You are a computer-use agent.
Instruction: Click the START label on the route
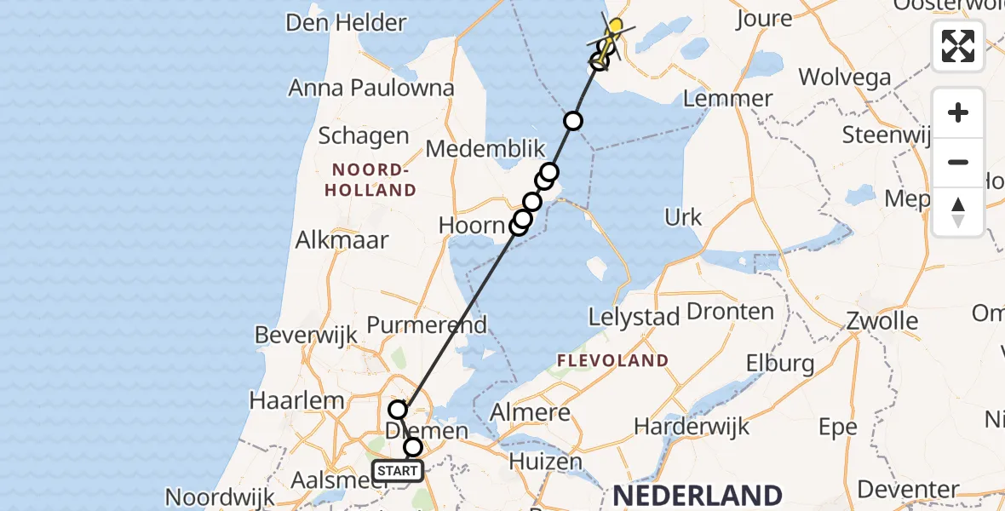coord(397,470)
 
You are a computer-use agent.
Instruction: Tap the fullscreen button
coord(958,46)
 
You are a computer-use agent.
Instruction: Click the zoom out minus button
coord(958,163)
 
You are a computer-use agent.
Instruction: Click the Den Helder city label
coord(346,22)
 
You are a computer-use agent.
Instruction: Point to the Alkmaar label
coord(342,240)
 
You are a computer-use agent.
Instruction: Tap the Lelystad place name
coord(634,318)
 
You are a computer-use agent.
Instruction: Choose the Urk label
coord(684,217)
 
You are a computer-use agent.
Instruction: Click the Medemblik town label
coord(485,149)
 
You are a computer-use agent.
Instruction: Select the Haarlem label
coord(297,400)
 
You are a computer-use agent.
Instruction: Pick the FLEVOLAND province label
coord(612,361)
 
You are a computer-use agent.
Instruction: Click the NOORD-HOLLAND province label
coord(370,179)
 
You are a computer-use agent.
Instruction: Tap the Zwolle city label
coord(882,321)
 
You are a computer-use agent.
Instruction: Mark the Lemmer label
coord(727,98)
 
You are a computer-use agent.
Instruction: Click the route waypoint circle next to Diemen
coord(413,447)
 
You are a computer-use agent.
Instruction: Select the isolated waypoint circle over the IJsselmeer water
coord(573,121)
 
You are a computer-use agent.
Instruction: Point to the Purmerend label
coord(427,324)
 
